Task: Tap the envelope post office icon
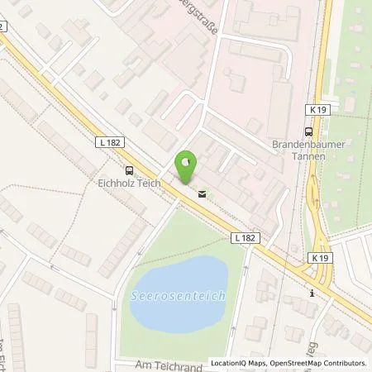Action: click(202, 195)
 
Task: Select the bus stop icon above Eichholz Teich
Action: click(128, 171)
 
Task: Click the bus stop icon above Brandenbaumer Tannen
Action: click(308, 131)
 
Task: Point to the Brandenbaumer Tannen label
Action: click(305, 150)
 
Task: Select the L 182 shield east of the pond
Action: click(245, 238)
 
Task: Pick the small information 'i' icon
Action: click(312, 292)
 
